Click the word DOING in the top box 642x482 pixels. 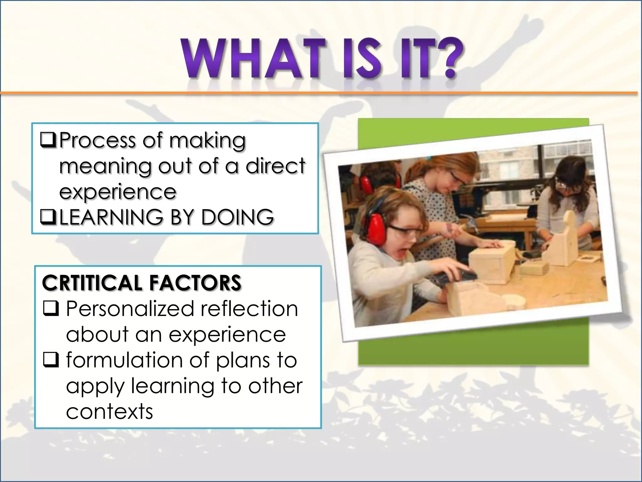237,217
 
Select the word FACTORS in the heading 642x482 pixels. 195,283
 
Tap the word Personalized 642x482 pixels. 130,309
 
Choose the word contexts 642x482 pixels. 109,411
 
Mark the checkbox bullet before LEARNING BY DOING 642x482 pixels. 48,217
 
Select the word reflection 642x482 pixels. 249,309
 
